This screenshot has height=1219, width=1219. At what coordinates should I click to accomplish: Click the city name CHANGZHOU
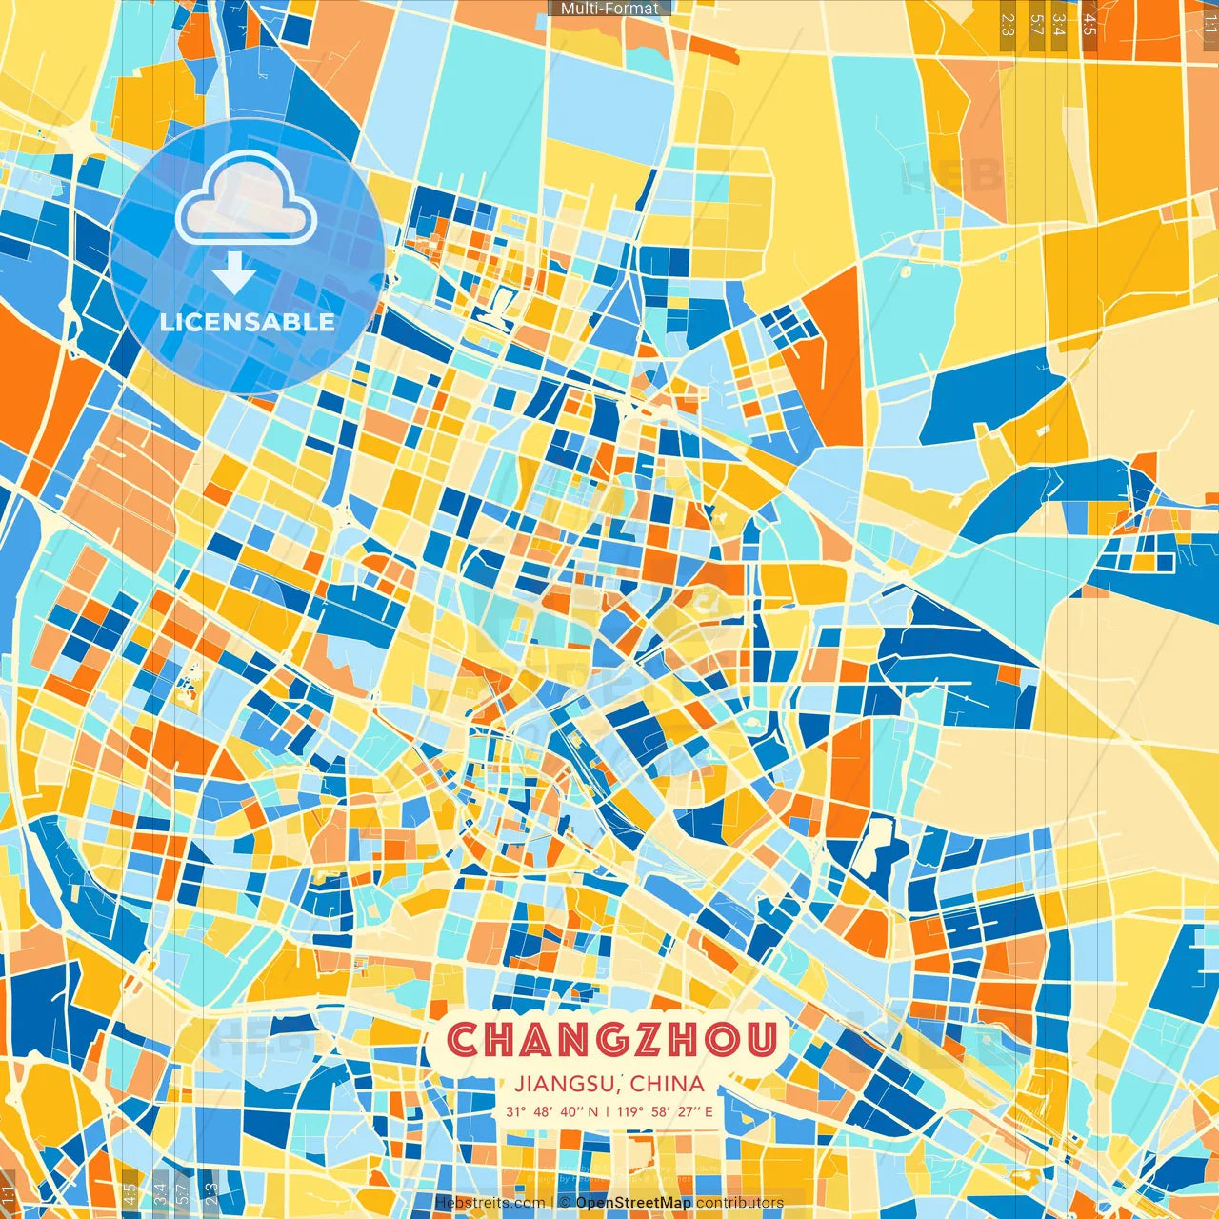(611, 1040)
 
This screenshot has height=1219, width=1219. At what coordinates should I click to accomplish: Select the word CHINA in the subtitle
(667, 1084)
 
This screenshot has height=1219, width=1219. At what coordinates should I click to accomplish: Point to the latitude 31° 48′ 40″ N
(552, 1111)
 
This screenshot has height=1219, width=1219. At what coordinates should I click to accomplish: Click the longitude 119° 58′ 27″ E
(665, 1111)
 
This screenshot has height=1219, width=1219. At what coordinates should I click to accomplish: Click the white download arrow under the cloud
(234, 274)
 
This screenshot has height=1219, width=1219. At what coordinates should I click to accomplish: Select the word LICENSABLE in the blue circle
(248, 322)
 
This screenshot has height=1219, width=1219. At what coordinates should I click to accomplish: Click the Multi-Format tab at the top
(609, 9)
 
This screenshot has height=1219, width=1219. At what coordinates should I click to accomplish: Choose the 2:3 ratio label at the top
(1008, 23)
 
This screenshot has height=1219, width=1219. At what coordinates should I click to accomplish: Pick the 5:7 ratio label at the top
(1036, 23)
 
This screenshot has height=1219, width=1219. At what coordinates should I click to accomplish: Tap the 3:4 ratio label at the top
(1058, 23)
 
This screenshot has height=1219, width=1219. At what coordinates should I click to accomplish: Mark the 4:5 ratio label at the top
(1089, 23)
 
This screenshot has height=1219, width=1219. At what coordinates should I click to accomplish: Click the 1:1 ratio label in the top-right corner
(1209, 21)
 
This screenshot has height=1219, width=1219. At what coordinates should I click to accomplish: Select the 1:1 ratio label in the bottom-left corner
(9, 1196)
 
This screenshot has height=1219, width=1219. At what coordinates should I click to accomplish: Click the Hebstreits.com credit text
(490, 1203)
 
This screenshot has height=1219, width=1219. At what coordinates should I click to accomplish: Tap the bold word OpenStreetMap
(633, 1203)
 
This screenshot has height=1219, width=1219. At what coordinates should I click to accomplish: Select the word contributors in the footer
(740, 1203)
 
